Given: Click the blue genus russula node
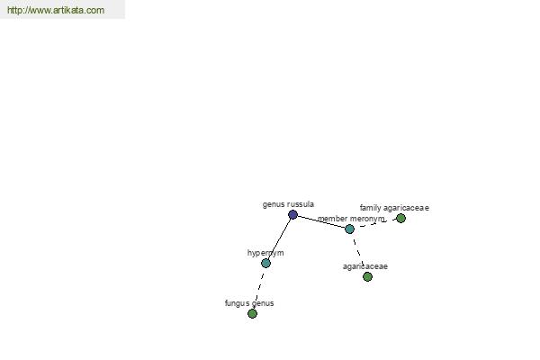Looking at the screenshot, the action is tap(292, 214).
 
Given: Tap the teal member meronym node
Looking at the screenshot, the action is tap(349, 229).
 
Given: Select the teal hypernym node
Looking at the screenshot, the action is tap(265, 264).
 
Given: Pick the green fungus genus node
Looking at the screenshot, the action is tap(252, 313).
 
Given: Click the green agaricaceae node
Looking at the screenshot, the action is tap(367, 276).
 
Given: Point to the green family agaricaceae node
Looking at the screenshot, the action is tap(400, 218).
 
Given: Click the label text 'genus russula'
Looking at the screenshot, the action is tap(288, 204).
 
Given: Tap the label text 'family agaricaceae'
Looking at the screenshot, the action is tap(394, 208).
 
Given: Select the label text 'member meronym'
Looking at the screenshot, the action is tap(351, 219).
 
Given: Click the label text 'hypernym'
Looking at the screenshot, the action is tap(265, 253).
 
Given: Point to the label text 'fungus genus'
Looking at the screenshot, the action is tap(249, 303).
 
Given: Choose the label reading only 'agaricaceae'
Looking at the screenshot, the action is tap(365, 266).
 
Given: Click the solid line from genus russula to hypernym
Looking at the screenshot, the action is tap(279, 239).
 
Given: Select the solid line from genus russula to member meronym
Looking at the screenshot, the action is tap(321, 222).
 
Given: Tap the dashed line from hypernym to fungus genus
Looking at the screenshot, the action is tap(259, 289).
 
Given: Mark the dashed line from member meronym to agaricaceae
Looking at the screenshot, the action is tap(358, 253).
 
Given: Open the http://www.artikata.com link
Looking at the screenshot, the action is tap(56, 10).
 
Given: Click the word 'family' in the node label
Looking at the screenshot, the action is tap(371, 208).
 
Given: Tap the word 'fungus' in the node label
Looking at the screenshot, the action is tap(237, 303).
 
